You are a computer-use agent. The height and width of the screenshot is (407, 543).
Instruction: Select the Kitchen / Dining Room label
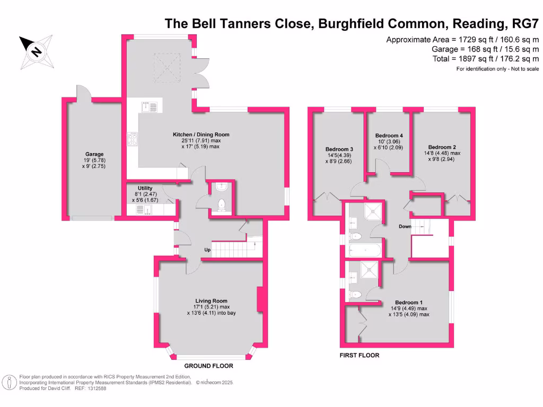(x=201, y=135)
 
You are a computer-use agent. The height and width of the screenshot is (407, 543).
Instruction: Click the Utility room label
(x=145, y=188)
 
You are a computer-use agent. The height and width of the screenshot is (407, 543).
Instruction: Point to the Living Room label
(x=211, y=300)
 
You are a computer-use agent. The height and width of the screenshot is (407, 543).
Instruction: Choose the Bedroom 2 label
(x=442, y=147)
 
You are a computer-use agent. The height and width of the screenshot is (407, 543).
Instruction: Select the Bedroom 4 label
(x=389, y=136)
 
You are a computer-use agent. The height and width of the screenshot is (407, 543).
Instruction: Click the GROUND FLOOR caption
(x=208, y=366)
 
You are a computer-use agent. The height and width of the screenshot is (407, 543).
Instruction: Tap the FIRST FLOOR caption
(x=360, y=355)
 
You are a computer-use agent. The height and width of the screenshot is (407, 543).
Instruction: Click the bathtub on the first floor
(x=364, y=250)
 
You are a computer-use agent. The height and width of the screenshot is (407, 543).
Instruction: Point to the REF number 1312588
(x=96, y=388)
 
